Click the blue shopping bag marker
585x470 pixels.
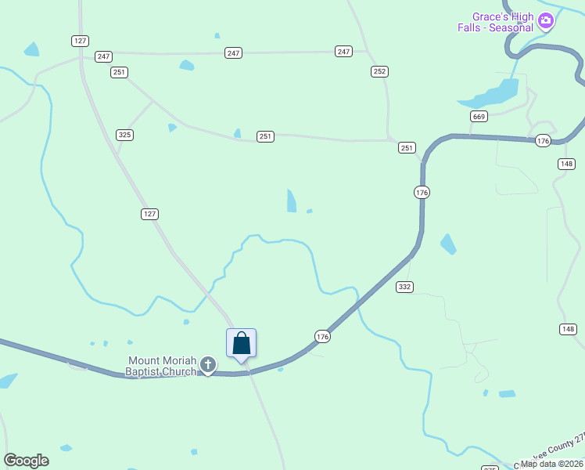[x=242, y=343]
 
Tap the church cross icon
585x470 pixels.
[x=208, y=364]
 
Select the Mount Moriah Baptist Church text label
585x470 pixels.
[x=163, y=366]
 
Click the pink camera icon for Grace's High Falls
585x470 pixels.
[x=546, y=21]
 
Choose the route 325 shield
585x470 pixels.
[x=124, y=135]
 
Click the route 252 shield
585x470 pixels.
[x=379, y=71]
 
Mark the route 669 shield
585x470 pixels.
[x=479, y=117]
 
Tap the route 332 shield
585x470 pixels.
[x=404, y=287]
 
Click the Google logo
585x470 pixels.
[x=26, y=461]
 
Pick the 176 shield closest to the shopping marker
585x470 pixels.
[x=322, y=336]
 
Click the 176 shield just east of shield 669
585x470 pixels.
[x=544, y=140]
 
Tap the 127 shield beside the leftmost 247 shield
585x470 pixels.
[x=80, y=41]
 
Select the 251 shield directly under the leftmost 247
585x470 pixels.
[x=119, y=72]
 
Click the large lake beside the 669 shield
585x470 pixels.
[x=491, y=95]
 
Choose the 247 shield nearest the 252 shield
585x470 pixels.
[x=343, y=52]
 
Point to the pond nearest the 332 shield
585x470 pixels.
[x=448, y=244]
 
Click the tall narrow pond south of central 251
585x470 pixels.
[x=292, y=201]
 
